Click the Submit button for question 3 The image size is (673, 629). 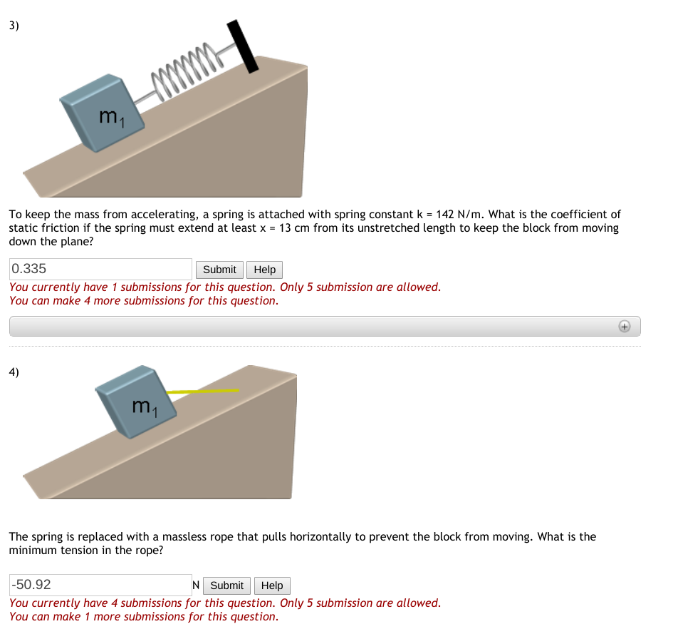pyautogui.click(x=219, y=270)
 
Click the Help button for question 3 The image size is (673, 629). pyautogui.click(x=264, y=270)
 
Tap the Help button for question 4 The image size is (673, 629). pyautogui.click(x=272, y=585)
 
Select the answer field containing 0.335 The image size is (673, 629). pyautogui.click(x=100, y=269)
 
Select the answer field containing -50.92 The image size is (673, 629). pyautogui.click(x=100, y=585)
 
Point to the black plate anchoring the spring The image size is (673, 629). pyautogui.click(x=242, y=46)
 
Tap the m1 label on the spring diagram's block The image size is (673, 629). pyautogui.click(x=112, y=118)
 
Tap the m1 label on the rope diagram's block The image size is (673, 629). pyautogui.click(x=143, y=408)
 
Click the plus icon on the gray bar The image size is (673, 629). pyautogui.click(x=624, y=326)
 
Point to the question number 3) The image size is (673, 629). pyautogui.click(x=14, y=26)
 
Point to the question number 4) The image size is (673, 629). pyautogui.click(x=14, y=372)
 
